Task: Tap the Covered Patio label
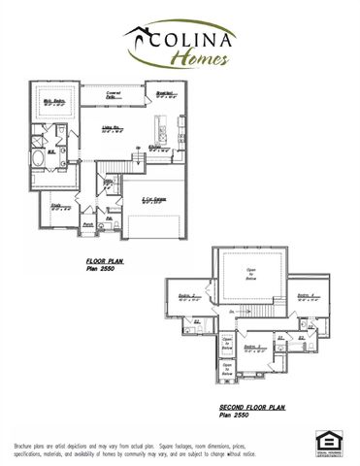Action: pos(126,93)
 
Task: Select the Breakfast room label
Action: pos(165,96)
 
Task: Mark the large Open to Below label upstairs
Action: pos(250,272)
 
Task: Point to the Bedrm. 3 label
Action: pos(304,296)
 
